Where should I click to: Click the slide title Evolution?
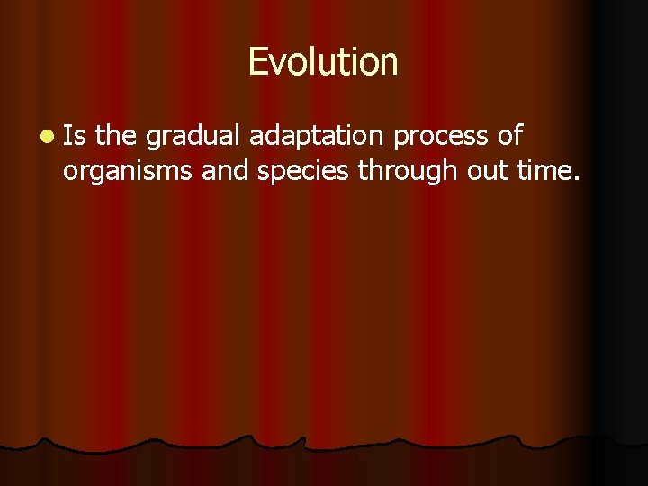(x=322, y=62)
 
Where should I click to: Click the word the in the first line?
(x=115, y=137)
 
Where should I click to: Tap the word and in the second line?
(x=226, y=170)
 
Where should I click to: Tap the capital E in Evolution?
(x=257, y=62)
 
